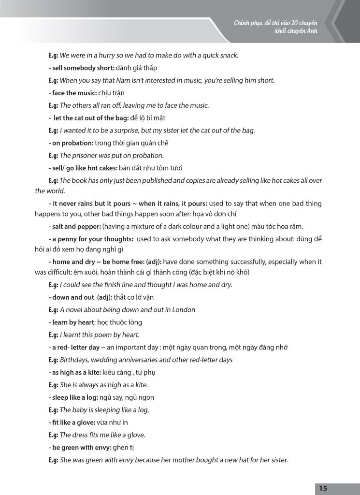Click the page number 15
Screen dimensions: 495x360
(323, 489)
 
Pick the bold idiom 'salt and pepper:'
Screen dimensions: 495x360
(74, 227)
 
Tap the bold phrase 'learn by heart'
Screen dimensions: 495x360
(73, 322)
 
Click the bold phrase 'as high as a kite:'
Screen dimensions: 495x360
(75, 372)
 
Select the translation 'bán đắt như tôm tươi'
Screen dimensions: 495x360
(151, 168)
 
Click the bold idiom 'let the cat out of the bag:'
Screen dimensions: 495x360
(89, 118)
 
